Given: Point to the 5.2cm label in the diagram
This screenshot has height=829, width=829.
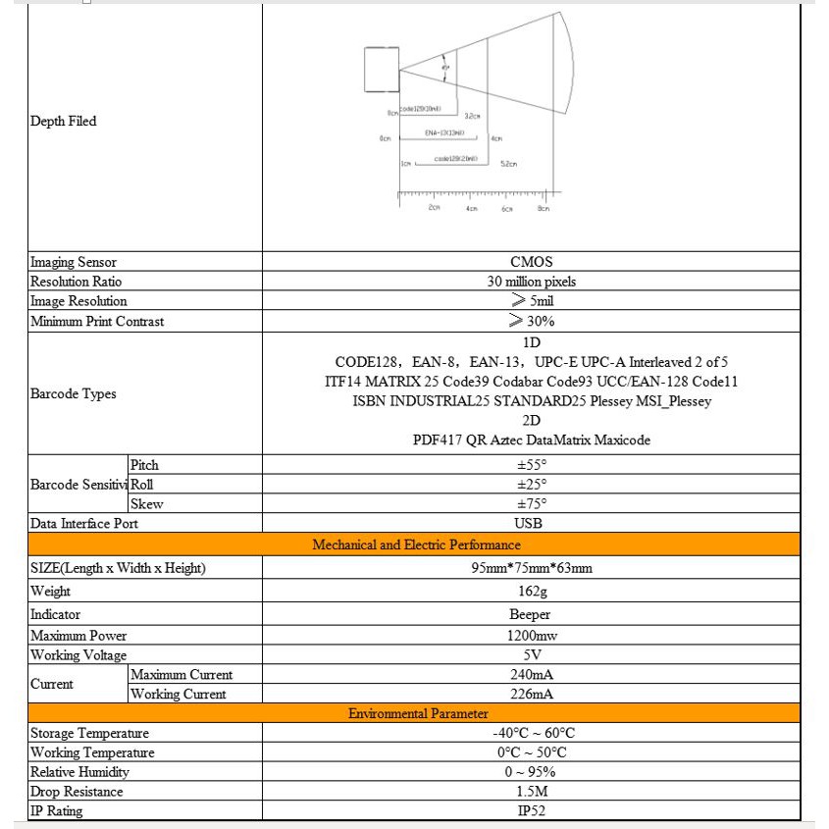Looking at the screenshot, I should tap(508, 165).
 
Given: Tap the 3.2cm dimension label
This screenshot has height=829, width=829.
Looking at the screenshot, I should tap(471, 116).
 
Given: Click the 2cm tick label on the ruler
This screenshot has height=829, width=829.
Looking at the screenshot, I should tap(434, 208).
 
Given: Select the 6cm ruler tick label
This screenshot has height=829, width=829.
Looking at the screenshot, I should tap(507, 209).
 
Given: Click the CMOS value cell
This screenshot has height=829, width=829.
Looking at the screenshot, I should tap(532, 262).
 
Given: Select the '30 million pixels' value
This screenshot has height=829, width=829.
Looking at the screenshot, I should tap(532, 282).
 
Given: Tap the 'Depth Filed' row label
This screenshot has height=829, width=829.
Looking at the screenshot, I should tap(64, 122).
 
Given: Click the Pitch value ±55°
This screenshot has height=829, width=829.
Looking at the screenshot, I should tap(532, 465).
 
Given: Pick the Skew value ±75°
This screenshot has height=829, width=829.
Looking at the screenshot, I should tap(532, 504).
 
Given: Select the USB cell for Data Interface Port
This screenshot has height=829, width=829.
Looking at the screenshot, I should tap(532, 524).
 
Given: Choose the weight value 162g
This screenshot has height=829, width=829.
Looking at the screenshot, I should tap(532, 592).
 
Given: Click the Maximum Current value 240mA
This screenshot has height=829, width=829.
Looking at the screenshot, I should tap(532, 675).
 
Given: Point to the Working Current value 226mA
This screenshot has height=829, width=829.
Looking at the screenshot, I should tap(532, 695).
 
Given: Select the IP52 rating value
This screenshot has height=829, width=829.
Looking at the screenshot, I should tap(532, 811).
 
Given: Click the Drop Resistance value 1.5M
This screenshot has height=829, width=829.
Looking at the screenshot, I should tap(532, 792).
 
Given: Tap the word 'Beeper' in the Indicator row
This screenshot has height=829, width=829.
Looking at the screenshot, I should tap(532, 614).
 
